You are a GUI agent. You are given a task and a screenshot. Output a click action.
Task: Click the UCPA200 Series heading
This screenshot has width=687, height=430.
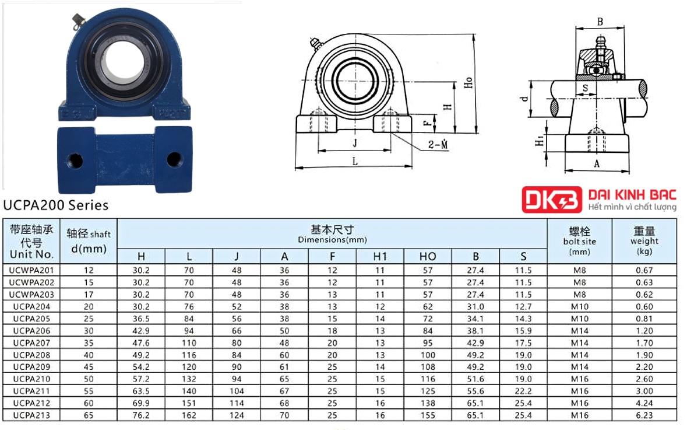click(55, 205)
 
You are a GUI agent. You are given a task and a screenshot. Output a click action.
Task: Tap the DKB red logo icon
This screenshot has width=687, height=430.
click(552, 200)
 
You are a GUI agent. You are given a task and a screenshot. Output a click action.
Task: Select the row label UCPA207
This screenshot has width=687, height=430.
click(31, 342)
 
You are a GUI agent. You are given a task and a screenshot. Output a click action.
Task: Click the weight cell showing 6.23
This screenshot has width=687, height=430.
click(644, 415)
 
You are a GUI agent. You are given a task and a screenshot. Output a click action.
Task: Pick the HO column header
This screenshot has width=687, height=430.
click(428, 256)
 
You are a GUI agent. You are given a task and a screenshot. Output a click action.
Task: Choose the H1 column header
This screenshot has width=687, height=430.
click(380, 256)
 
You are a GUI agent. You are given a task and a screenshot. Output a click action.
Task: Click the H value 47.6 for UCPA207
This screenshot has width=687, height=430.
click(141, 342)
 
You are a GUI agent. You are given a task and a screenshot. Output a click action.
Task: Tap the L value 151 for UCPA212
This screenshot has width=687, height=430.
click(189, 403)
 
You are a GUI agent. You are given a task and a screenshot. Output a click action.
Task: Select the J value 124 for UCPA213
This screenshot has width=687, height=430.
click(237, 415)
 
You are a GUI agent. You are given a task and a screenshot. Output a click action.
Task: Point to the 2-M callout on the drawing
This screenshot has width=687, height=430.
click(438, 144)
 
